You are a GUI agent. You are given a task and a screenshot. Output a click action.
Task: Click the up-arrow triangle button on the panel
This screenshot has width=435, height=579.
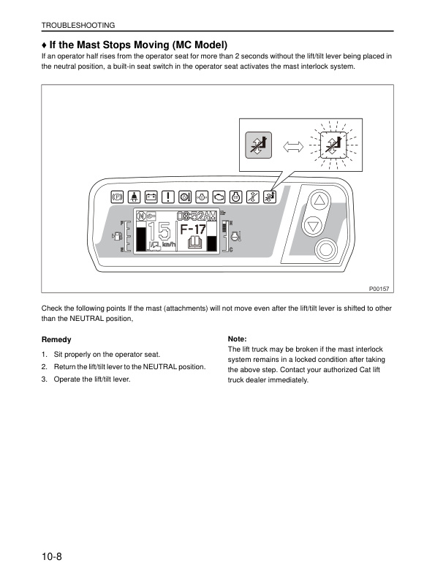[x=317, y=202]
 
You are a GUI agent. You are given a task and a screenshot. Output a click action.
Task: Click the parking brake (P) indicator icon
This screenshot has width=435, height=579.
[x=116, y=197]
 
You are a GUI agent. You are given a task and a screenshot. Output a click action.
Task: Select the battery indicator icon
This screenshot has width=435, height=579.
[x=151, y=197]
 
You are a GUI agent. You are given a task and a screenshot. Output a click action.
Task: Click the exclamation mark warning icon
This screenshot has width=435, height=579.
[x=167, y=197]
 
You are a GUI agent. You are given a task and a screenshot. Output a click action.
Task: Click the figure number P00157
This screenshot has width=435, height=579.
[x=379, y=289]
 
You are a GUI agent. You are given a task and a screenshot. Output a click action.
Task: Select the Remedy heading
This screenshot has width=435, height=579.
[x=56, y=340]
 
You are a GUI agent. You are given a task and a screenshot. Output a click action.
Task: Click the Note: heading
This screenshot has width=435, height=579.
[x=238, y=340]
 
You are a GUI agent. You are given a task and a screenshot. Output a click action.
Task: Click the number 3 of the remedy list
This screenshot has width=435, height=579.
[x=44, y=378]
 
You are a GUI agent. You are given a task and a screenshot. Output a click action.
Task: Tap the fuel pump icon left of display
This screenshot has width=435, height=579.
[x=115, y=236]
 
